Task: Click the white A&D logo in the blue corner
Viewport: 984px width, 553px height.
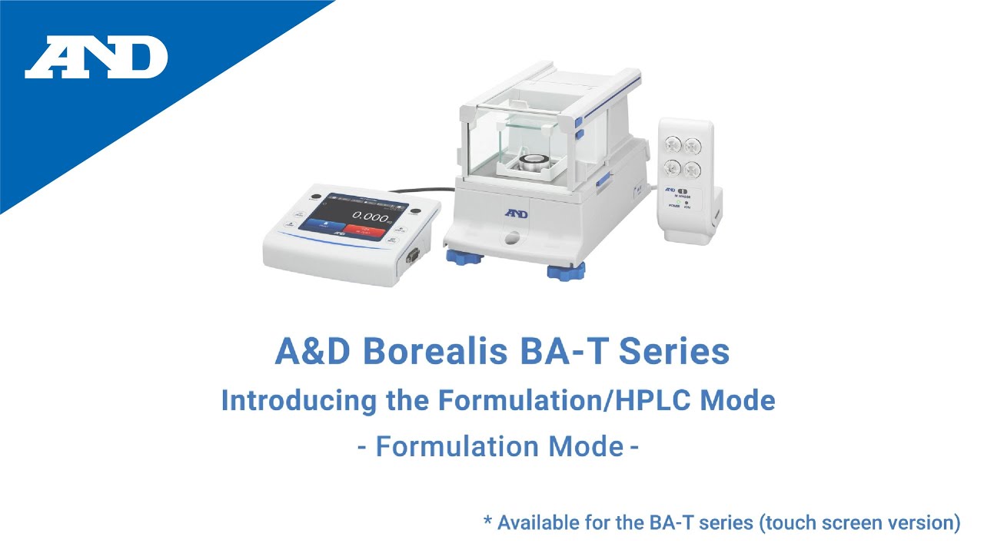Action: tap(96, 58)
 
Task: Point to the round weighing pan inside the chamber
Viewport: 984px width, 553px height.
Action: tap(531, 162)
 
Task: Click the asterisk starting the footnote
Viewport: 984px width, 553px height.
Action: tap(487, 522)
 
